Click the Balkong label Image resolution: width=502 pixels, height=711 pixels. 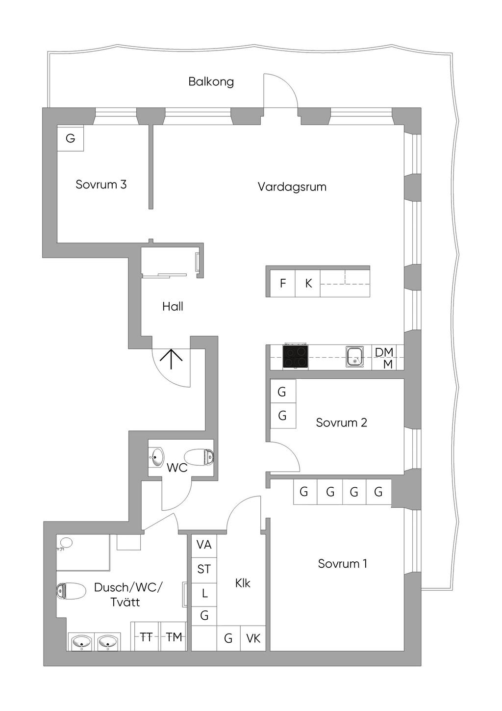(211, 81)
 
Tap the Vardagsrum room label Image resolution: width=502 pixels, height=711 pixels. (292, 187)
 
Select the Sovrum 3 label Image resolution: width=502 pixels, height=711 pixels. (101, 184)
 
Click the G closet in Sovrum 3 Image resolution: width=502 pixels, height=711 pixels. (71, 138)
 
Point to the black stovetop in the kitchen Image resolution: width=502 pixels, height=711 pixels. (296, 357)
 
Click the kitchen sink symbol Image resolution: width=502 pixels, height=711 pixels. (354, 357)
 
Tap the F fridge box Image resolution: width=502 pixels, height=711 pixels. (283, 283)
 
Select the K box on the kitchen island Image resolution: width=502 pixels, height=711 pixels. (308, 283)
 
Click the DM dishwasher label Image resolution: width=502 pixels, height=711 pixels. (384, 352)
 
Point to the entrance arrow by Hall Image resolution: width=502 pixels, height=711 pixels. (171, 359)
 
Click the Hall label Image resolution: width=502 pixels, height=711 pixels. (173, 307)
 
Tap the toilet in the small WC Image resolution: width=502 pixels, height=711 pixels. (200, 457)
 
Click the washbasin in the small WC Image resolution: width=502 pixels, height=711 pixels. (157, 458)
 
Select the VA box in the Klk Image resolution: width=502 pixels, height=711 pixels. (204, 545)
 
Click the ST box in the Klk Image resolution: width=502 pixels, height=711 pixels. (204, 569)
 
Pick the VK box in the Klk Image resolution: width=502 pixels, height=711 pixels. (253, 638)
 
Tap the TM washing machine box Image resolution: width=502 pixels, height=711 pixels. (174, 637)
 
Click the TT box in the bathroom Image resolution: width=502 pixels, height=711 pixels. (146, 637)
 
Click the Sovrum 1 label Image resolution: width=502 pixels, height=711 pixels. (342, 564)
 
